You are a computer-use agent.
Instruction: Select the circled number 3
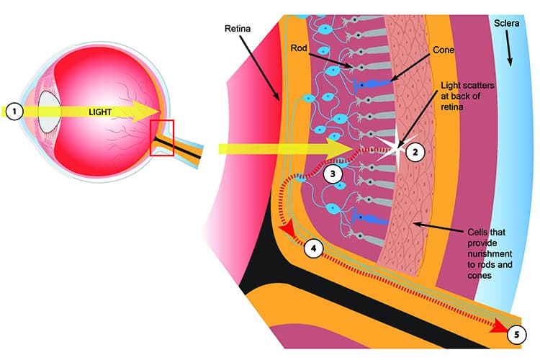[332, 173]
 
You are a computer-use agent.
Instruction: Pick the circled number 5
[516, 333]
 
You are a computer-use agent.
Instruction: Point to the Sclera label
[507, 24]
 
